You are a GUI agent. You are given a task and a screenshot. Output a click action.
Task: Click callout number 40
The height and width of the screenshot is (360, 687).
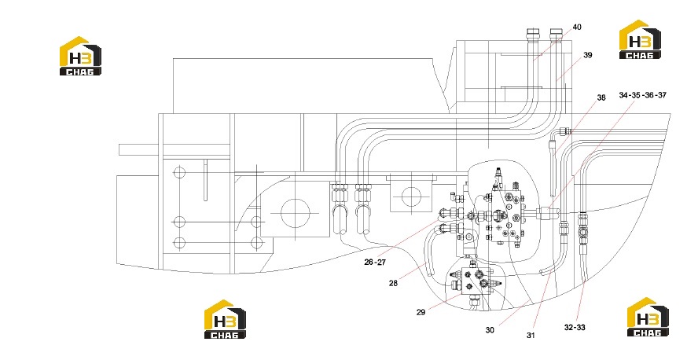tap(577, 28)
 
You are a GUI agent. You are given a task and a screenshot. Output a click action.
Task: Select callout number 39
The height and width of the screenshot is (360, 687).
tap(587, 55)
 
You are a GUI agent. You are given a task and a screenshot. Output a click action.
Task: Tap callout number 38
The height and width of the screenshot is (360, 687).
tap(601, 97)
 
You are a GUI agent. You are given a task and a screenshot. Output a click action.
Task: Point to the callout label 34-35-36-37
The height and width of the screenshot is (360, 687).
tap(642, 95)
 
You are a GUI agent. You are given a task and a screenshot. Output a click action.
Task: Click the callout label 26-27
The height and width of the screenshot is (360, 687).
tap(375, 262)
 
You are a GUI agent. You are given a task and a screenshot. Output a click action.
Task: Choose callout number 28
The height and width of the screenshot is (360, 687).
tap(393, 283)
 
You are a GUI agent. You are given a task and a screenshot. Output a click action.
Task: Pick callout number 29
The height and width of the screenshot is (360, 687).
tap(421, 312)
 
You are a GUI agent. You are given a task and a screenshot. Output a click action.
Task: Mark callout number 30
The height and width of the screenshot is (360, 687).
tap(490, 330)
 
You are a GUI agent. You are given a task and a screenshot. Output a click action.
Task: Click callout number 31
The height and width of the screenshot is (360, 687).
tap(531, 336)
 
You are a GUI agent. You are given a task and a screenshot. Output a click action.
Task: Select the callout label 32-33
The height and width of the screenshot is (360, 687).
tap(575, 327)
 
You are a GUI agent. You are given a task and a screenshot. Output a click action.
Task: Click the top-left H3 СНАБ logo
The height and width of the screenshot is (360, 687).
tap(80, 56)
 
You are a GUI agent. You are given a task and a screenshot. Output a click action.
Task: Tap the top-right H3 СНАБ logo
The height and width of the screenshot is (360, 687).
tap(640, 39)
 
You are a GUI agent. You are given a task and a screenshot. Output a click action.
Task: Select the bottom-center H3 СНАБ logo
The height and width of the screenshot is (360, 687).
tap(226, 319)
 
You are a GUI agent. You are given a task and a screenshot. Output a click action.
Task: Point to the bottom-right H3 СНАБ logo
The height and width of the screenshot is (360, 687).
tap(648, 317)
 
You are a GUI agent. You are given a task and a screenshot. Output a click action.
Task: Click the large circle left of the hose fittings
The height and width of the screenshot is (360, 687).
tap(296, 213)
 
